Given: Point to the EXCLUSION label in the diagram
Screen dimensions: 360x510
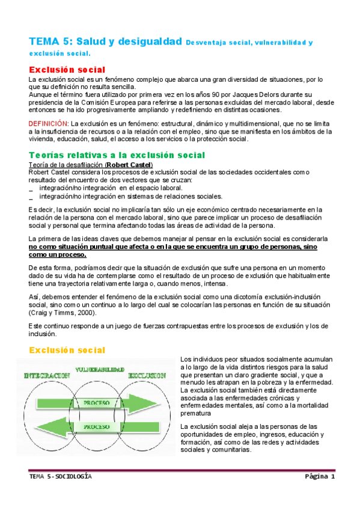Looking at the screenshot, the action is coord(147,375).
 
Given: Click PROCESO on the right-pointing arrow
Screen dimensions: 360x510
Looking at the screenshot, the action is coord(96,402).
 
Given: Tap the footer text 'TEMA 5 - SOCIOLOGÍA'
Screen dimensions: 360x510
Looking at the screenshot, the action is coord(61,476).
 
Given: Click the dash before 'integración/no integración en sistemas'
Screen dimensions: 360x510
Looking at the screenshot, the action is coord(31,196).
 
